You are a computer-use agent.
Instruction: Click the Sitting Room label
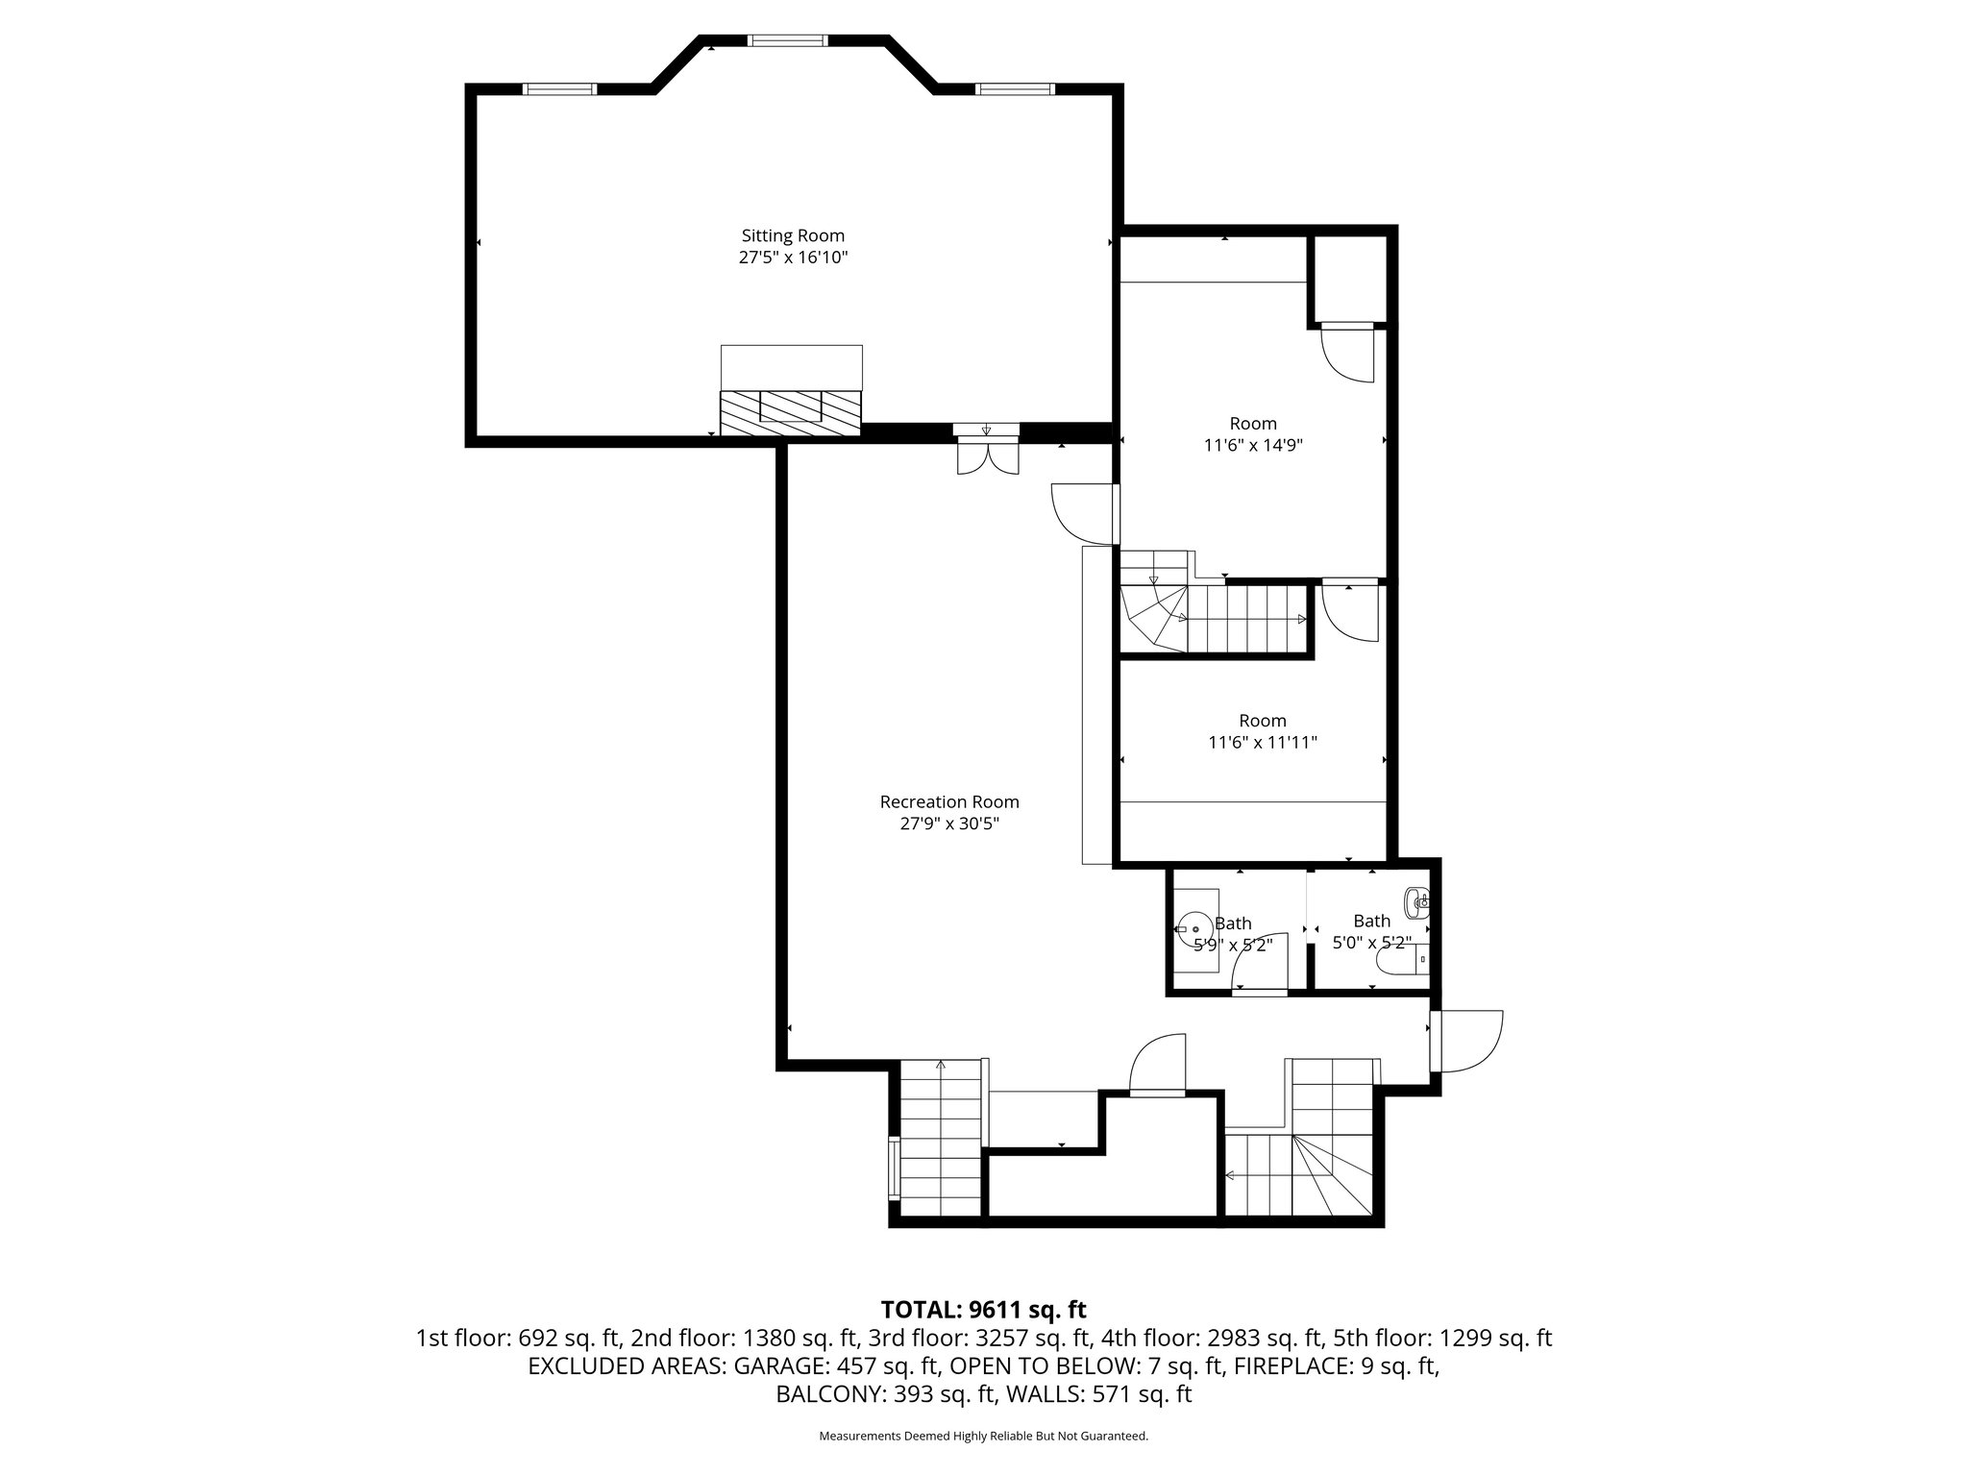point(793,235)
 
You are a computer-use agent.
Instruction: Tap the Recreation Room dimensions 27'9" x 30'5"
point(949,824)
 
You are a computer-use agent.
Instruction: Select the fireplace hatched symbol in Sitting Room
point(791,412)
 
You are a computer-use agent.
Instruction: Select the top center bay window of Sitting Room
point(788,40)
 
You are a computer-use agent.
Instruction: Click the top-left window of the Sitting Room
point(560,89)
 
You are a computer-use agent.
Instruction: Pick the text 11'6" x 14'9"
point(1253,446)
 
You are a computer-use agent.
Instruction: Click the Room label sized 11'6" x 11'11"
point(1262,721)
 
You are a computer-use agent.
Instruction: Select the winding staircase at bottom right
point(1331,1172)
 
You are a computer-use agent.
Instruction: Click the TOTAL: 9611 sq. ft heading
point(983,1310)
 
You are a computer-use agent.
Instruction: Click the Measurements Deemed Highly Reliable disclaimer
point(983,1437)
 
